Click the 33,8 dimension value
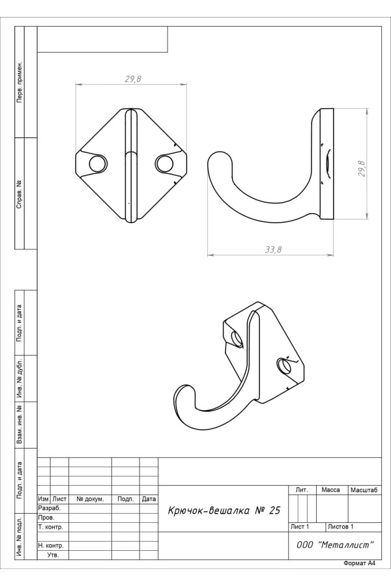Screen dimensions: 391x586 [x=273, y=249]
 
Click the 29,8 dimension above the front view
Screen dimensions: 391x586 [x=133, y=79]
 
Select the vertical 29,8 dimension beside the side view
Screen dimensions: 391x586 [x=362, y=168]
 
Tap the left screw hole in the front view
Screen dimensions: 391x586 [x=97, y=163]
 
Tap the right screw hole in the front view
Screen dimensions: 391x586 [x=164, y=163]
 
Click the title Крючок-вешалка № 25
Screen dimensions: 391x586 [x=224, y=510]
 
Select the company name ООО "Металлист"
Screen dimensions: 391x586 [x=335, y=545]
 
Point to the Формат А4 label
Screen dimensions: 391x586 [x=359, y=563]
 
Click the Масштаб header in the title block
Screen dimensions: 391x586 [x=364, y=490]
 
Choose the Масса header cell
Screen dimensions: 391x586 [x=331, y=490]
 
